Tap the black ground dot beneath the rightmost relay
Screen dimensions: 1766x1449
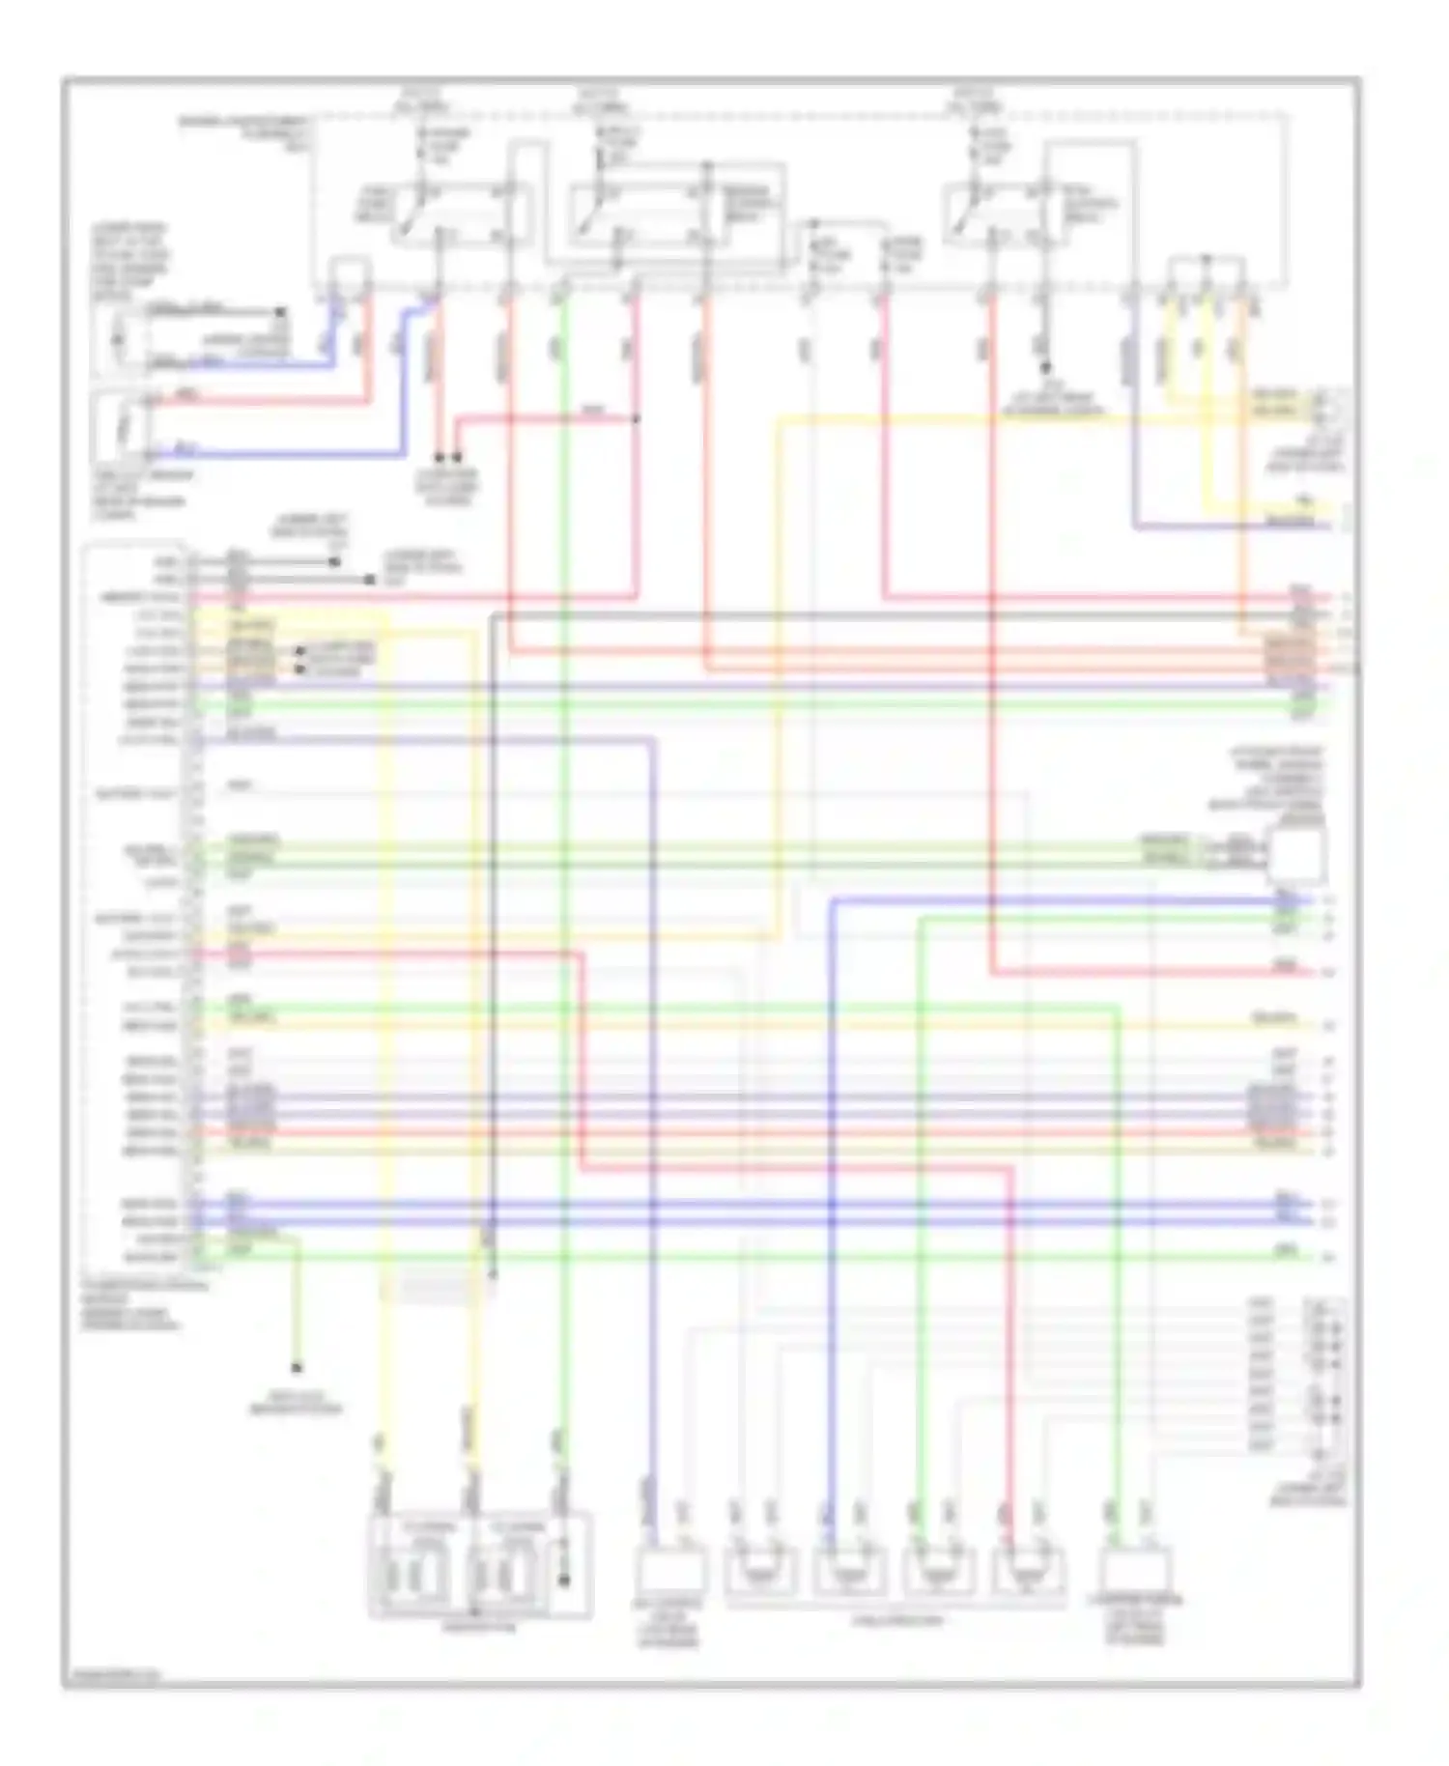(1045, 367)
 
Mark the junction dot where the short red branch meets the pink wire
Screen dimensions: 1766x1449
(637, 418)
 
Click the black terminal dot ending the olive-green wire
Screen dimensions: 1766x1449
(297, 1368)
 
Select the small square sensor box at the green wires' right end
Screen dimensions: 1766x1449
(1296, 855)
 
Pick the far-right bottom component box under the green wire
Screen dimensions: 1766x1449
(1137, 1570)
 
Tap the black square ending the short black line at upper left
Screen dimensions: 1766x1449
(281, 312)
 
